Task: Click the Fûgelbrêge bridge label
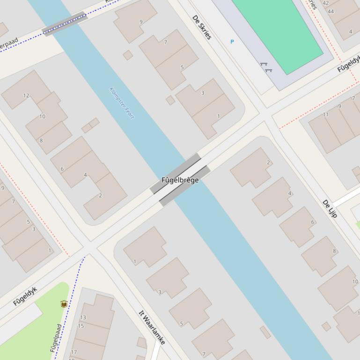[180, 180]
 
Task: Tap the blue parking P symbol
[232, 42]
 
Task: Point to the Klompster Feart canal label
[122, 103]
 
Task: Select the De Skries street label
[202, 27]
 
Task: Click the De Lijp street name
[330, 209]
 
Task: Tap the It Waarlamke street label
[152, 327]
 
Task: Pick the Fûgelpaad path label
[56, 338]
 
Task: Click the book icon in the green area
[64, 304]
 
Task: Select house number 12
[26, 95]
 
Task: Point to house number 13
[83, 317]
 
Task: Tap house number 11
[326, 115]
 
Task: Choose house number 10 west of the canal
[42, 116]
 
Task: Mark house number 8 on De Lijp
[334, 251]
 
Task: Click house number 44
[331, 12]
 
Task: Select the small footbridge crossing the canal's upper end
[65, 23]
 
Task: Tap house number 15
[81, 326]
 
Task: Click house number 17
[73, 352]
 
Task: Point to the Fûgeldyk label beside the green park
[25, 296]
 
